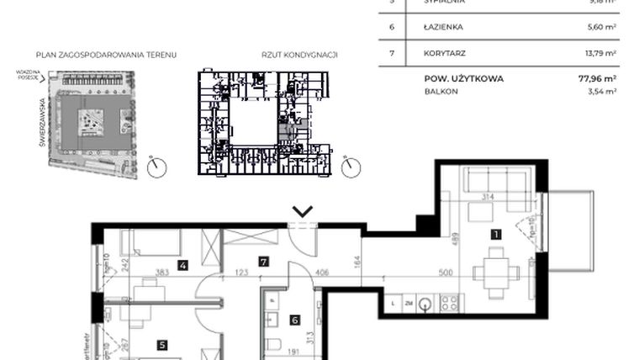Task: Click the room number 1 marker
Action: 496,235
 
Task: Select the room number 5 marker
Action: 162,343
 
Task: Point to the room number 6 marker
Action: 294,319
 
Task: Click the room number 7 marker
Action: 263,262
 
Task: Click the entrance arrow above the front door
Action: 302,211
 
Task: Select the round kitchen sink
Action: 425,303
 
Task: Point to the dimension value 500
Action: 446,273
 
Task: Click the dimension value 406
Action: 322,273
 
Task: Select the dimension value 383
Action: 162,273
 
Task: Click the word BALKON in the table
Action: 441,92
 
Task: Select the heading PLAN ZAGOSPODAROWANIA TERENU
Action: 100,55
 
